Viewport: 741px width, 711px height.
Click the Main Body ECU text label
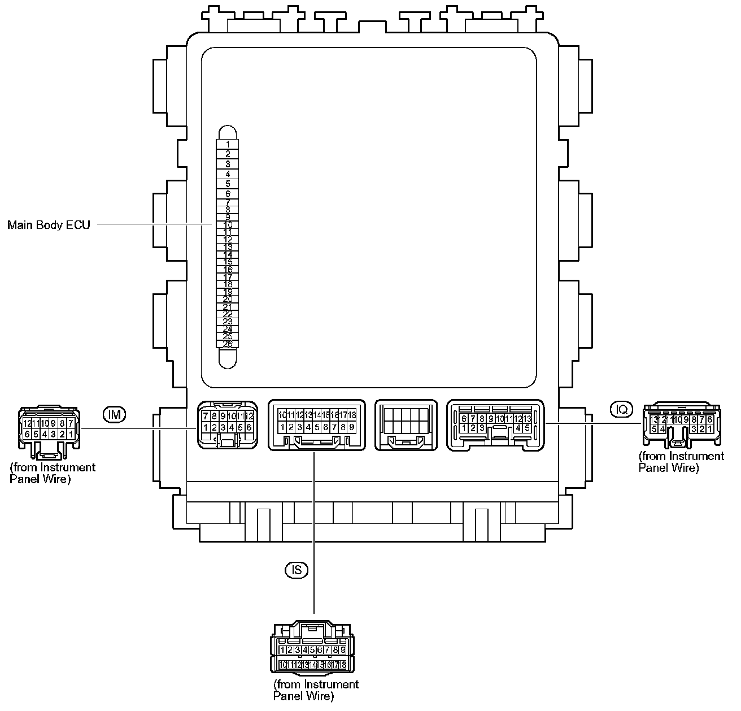tap(49, 225)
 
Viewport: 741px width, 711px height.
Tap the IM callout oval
tap(114, 414)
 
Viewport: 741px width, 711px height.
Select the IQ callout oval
tap(622, 409)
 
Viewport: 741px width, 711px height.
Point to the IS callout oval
tap(297, 570)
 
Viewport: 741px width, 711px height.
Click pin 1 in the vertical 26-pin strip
tap(228, 144)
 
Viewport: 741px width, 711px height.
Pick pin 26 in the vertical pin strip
tap(228, 344)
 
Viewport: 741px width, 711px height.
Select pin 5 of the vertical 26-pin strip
tap(228, 184)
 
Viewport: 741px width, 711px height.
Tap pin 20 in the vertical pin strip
tap(228, 298)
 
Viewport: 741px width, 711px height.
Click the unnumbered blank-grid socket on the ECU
tap(406, 425)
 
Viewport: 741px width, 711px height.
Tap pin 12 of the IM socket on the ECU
tap(249, 416)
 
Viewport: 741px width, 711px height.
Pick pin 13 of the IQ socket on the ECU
tap(527, 419)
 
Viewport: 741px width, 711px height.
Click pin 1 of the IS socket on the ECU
tap(282, 427)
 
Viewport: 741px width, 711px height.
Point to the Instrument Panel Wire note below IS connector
tap(316, 690)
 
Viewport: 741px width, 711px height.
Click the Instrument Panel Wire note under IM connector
tap(53, 474)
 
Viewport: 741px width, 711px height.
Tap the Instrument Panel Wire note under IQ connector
tap(681, 462)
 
